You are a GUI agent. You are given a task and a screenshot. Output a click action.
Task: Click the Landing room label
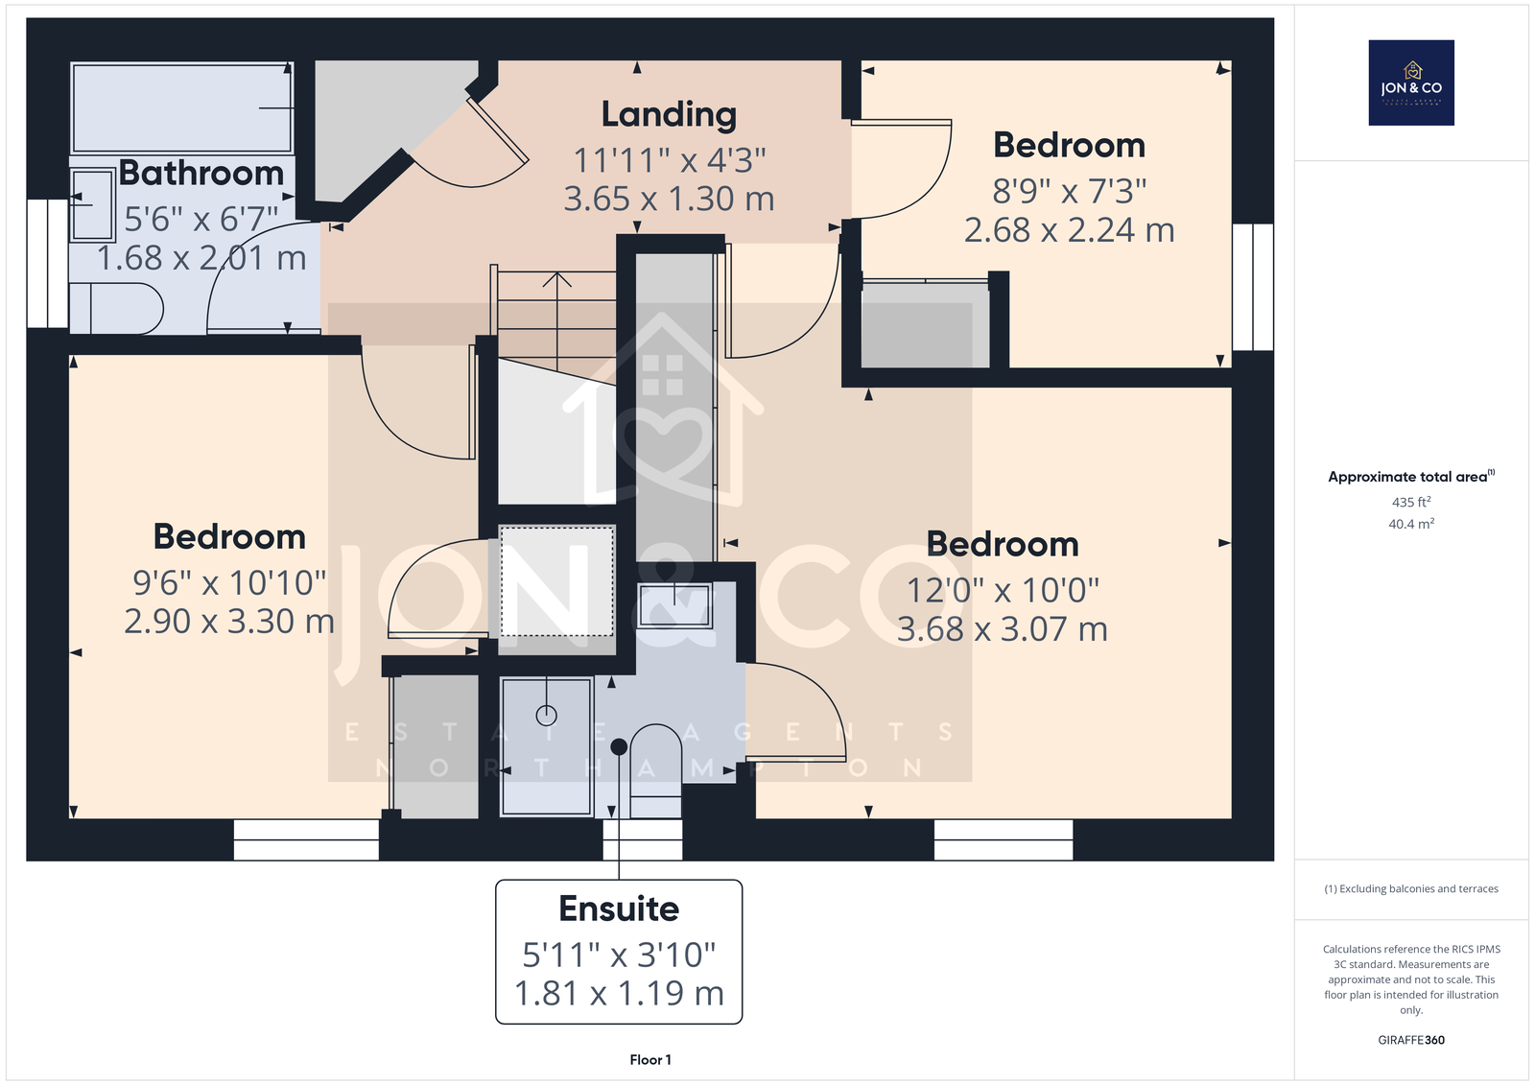point(669,114)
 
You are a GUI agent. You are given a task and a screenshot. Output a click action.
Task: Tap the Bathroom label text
point(201,173)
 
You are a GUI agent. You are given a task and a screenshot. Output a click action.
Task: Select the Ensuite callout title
point(619,908)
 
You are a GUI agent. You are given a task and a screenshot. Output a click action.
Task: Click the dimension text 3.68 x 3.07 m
point(1003,629)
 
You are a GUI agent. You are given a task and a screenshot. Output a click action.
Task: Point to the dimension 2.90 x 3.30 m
point(229,622)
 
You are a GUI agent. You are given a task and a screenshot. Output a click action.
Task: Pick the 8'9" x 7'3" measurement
point(1070,191)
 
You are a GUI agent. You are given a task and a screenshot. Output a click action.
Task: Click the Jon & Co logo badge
point(1411,83)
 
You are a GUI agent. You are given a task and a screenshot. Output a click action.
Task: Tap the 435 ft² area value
point(1411,502)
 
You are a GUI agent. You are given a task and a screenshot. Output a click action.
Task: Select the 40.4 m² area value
point(1411,524)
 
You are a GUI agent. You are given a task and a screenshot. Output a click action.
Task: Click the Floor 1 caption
point(650,1060)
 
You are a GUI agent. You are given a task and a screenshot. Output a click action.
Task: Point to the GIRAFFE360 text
point(1411,1040)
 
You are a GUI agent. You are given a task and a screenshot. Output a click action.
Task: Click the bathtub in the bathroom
point(182,107)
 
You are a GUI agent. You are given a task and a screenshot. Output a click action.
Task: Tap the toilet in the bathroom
point(116,309)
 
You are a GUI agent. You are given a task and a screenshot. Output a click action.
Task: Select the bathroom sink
point(92,204)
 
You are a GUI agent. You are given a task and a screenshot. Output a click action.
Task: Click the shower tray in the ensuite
point(546,746)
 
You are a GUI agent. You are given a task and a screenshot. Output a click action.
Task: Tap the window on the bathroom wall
point(47,263)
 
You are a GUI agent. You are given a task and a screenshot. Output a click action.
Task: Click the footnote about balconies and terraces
point(1411,889)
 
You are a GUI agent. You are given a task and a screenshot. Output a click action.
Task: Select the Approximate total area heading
point(1411,477)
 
